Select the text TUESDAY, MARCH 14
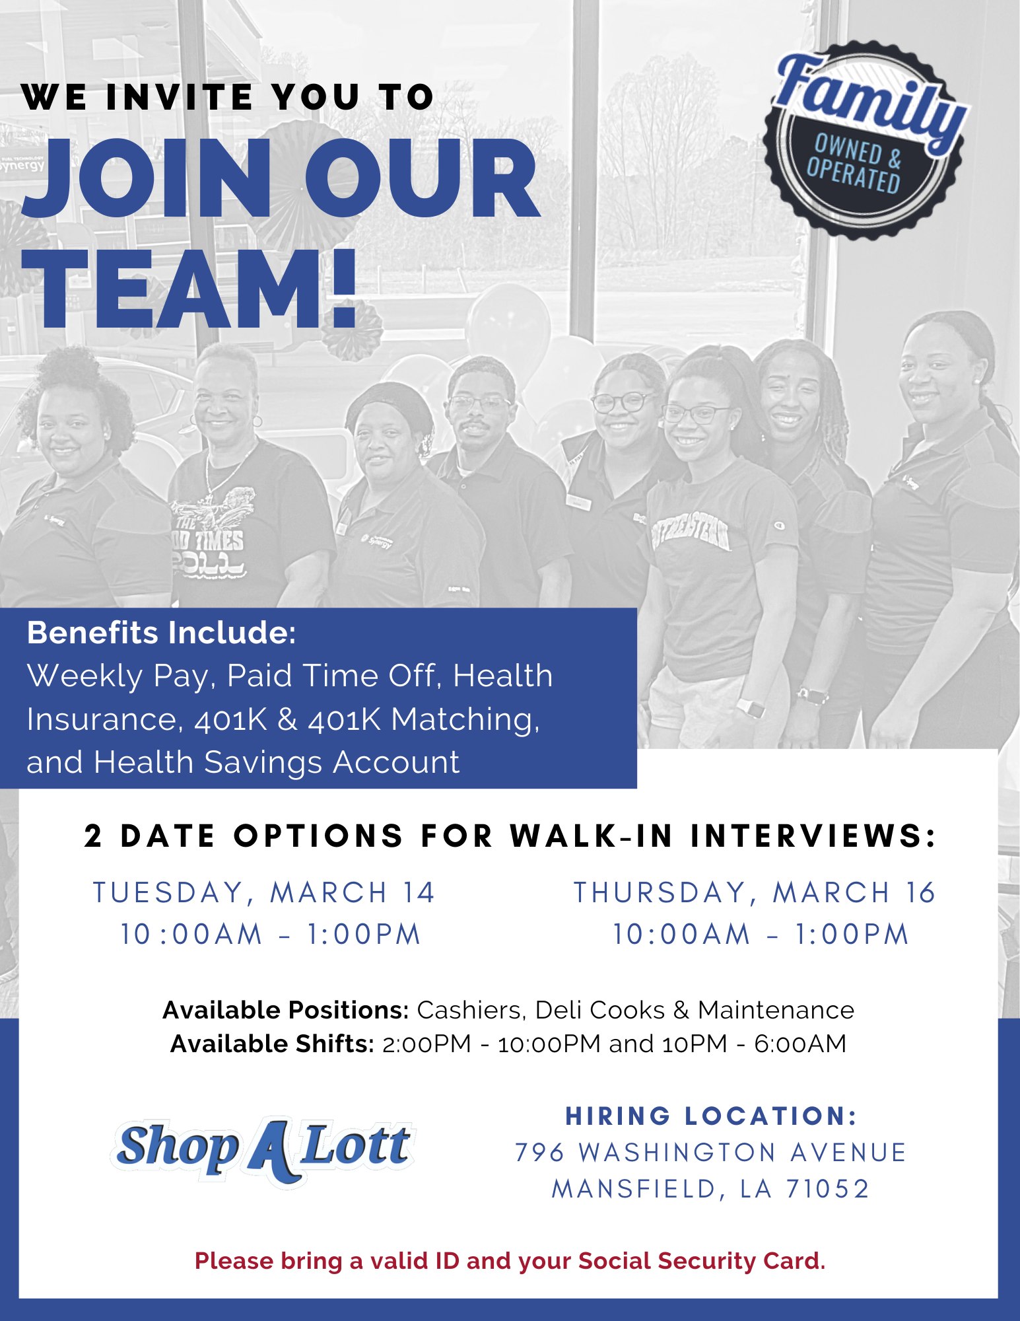tap(263, 892)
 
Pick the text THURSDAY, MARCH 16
tap(755, 892)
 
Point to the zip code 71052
tap(827, 1189)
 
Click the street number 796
tap(539, 1153)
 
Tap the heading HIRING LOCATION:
tap(711, 1116)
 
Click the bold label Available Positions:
tap(286, 1010)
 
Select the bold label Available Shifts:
tap(272, 1044)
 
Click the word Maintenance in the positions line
tap(776, 1010)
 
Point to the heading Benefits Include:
tap(162, 633)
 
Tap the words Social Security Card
tap(702, 1261)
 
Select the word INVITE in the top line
tap(179, 97)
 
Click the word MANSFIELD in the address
tap(634, 1189)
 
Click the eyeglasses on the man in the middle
tap(478, 402)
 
